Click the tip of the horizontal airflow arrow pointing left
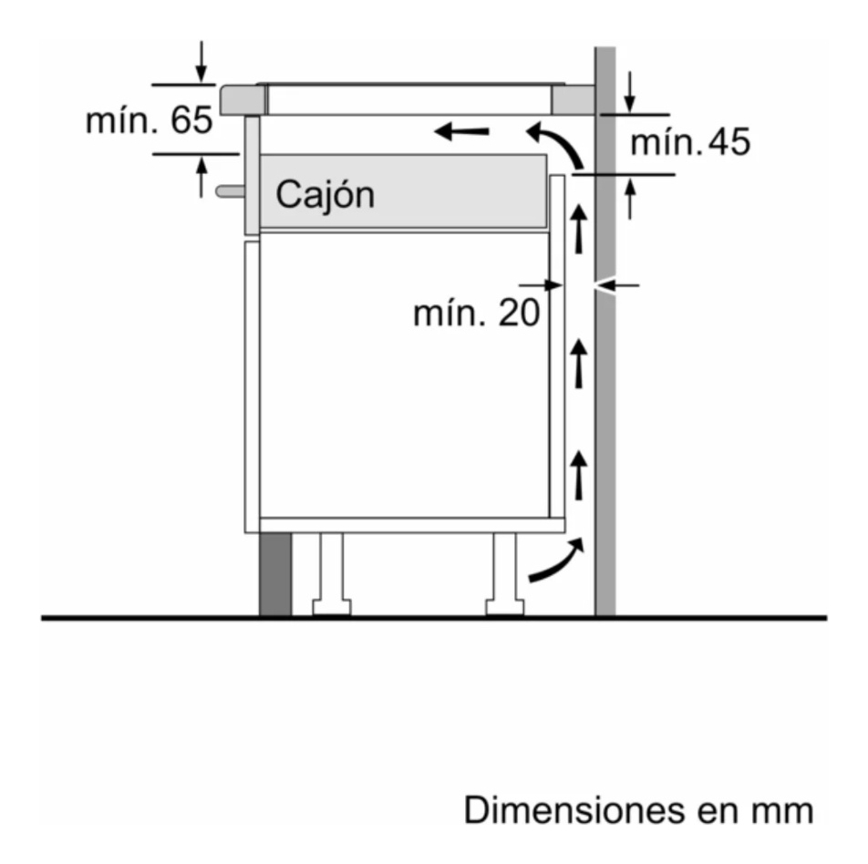tap(435, 132)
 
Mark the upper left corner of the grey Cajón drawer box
tap(260, 155)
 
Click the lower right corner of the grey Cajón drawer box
tap(547, 227)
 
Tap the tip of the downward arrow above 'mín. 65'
tap(201, 83)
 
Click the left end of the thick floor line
tap(42, 618)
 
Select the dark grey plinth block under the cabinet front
tap(275, 574)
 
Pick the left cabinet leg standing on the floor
tap(332, 574)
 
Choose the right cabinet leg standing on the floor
tap(505, 574)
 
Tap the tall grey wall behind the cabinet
tap(605, 331)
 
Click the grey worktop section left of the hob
tap(243, 100)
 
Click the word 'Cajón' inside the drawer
tap(325, 195)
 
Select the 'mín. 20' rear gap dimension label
tap(476, 314)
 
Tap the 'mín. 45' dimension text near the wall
tap(690, 141)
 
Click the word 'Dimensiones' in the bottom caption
tap(575, 810)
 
